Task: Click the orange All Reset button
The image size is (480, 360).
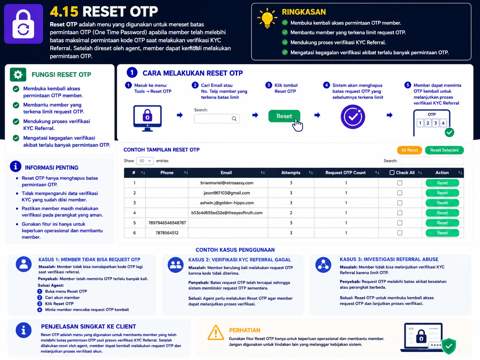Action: (x=409, y=150)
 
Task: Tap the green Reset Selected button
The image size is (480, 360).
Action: (x=444, y=150)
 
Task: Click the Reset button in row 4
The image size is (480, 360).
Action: (x=442, y=213)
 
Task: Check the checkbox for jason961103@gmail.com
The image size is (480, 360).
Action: (x=399, y=193)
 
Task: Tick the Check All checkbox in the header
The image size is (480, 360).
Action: (x=392, y=173)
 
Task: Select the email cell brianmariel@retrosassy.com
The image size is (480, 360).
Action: (x=227, y=183)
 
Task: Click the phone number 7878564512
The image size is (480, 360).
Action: (x=167, y=233)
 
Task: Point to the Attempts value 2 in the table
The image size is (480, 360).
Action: (x=291, y=213)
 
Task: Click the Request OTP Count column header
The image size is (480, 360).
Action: (x=345, y=173)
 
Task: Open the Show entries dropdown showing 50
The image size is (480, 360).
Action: (x=145, y=161)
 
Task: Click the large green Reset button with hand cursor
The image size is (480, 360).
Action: (x=284, y=116)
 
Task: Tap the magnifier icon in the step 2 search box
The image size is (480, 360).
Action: (x=234, y=119)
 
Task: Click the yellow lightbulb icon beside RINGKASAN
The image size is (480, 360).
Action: (x=267, y=18)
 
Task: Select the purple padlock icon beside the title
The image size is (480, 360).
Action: (x=24, y=24)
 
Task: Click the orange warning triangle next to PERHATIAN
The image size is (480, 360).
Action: (x=215, y=332)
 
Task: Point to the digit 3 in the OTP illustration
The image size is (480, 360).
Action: (x=435, y=123)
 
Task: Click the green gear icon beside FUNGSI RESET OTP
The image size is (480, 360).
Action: (x=18, y=75)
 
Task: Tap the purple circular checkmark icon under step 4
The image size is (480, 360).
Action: (x=353, y=117)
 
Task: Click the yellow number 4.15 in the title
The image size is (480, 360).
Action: (x=64, y=12)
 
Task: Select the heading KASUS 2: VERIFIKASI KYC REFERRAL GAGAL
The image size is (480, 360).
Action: (x=239, y=260)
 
